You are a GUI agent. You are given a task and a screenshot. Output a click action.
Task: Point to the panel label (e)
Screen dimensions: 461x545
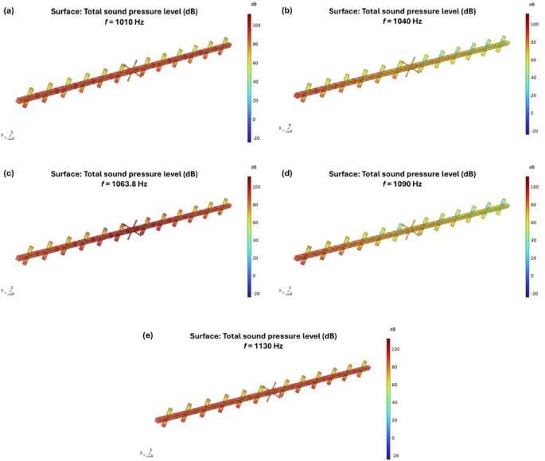[x=148, y=335]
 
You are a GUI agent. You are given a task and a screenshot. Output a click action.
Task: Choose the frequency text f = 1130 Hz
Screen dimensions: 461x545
[x=263, y=347]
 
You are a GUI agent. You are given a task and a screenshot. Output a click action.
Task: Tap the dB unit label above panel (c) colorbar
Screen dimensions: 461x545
[x=253, y=167]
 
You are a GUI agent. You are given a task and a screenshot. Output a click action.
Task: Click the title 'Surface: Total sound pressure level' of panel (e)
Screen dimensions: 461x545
[x=263, y=336]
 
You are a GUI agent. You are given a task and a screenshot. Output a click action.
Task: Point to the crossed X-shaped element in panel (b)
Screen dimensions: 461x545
[x=409, y=68]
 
